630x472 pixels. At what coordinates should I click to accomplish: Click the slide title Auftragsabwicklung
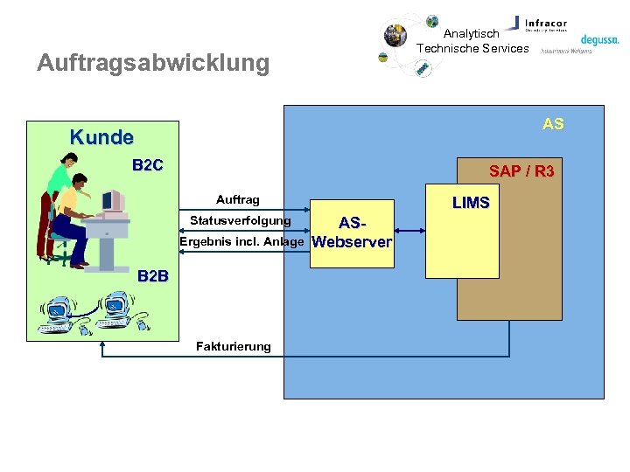pyautogui.click(x=153, y=63)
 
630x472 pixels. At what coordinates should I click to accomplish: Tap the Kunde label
pyautogui.click(x=101, y=137)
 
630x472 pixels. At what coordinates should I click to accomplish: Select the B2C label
pyautogui.click(x=147, y=165)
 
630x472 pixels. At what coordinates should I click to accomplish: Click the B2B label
pyautogui.click(x=153, y=276)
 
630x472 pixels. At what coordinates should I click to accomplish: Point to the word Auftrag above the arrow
pyautogui.click(x=238, y=200)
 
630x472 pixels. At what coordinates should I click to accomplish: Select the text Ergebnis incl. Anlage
pyautogui.click(x=241, y=241)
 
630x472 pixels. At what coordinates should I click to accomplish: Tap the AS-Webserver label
pyautogui.click(x=352, y=233)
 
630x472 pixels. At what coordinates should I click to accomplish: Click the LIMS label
pyautogui.click(x=471, y=203)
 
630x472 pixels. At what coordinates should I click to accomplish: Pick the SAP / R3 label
pyautogui.click(x=521, y=171)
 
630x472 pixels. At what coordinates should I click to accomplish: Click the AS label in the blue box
pyautogui.click(x=553, y=124)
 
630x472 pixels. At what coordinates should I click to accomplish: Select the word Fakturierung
pyautogui.click(x=234, y=346)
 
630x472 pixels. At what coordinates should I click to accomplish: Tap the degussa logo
pyautogui.click(x=599, y=39)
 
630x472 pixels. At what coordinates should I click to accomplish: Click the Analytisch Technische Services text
pyautogui.click(x=472, y=41)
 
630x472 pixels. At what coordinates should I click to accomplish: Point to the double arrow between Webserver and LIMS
pyautogui.click(x=409, y=231)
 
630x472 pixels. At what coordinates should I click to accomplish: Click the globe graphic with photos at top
pyautogui.click(x=408, y=44)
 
